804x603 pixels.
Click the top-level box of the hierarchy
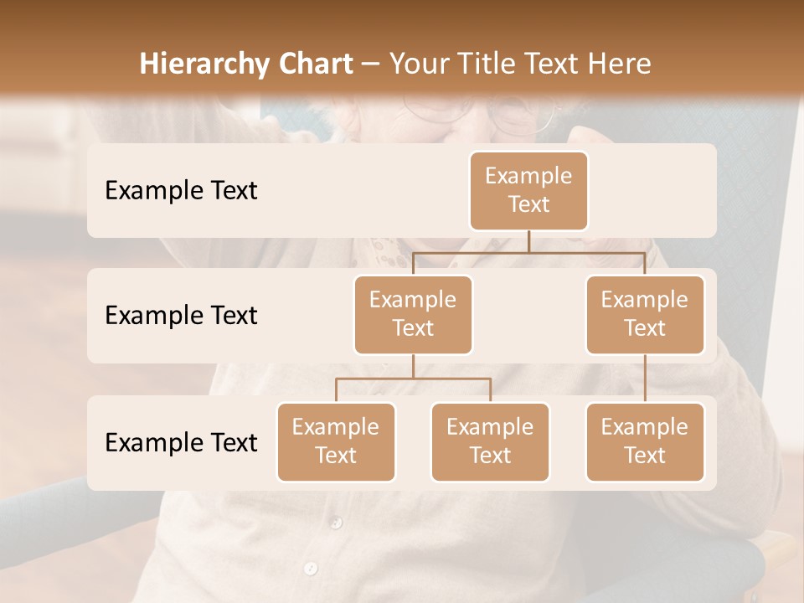click(x=528, y=190)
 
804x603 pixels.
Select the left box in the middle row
click(x=413, y=314)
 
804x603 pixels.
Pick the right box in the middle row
click(x=645, y=314)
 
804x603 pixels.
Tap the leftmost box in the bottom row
click(x=336, y=441)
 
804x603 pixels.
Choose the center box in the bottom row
click(x=490, y=441)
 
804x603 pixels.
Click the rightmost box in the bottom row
click(x=645, y=441)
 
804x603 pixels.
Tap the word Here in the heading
click(x=621, y=64)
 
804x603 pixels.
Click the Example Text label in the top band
click(x=181, y=190)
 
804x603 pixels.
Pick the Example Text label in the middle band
click(x=181, y=315)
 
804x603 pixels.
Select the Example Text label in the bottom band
click(x=181, y=442)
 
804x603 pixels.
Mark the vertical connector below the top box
click(x=528, y=241)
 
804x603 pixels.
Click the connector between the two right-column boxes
click(x=645, y=378)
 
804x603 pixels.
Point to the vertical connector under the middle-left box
click(x=413, y=366)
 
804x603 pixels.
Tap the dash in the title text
click(x=371, y=64)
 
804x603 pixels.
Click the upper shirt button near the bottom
click(x=336, y=523)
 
